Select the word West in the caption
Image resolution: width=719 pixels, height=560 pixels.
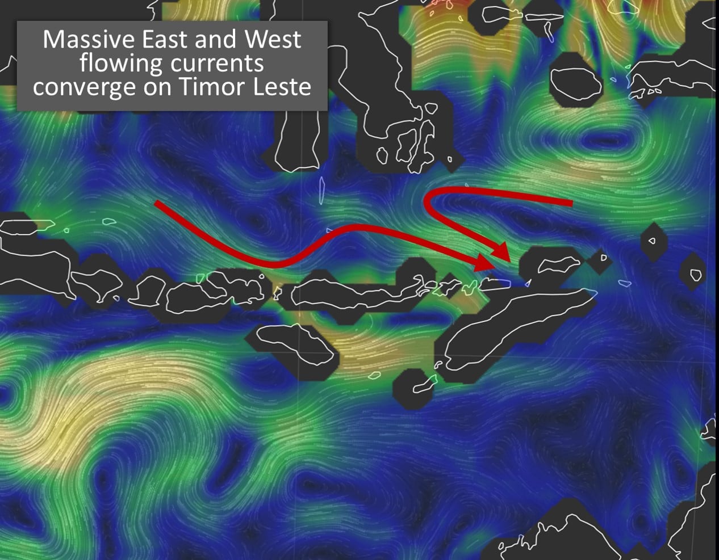coord(272,39)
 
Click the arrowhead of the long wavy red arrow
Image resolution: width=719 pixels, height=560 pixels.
coord(486,263)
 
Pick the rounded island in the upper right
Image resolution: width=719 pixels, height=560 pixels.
coord(576,82)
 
